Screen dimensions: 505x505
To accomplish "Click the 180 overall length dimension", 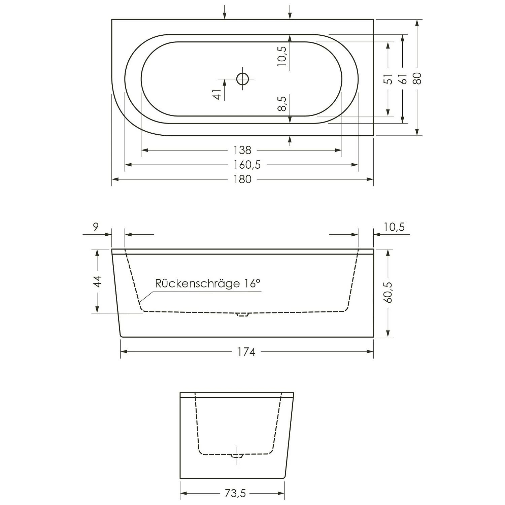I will coord(242,179).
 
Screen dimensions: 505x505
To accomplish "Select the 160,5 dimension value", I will coord(247,165).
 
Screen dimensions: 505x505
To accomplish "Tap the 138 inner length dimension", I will coord(242,150).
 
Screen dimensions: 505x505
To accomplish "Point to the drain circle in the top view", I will coord(242,79).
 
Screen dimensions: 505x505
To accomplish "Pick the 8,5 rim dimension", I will coord(282,103).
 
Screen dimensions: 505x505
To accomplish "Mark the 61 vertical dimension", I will coord(403,79).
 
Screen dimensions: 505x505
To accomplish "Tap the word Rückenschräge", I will coord(197,283).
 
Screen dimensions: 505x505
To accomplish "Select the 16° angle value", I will coord(251,283).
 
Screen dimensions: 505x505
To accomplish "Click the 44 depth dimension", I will coord(97,281).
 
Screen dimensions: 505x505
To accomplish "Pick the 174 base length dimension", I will coord(247,352).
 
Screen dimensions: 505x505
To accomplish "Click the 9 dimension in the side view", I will coord(96,227).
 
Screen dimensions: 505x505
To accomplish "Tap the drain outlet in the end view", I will coord(237,456).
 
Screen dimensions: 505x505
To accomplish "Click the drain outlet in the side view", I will coord(242,314).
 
